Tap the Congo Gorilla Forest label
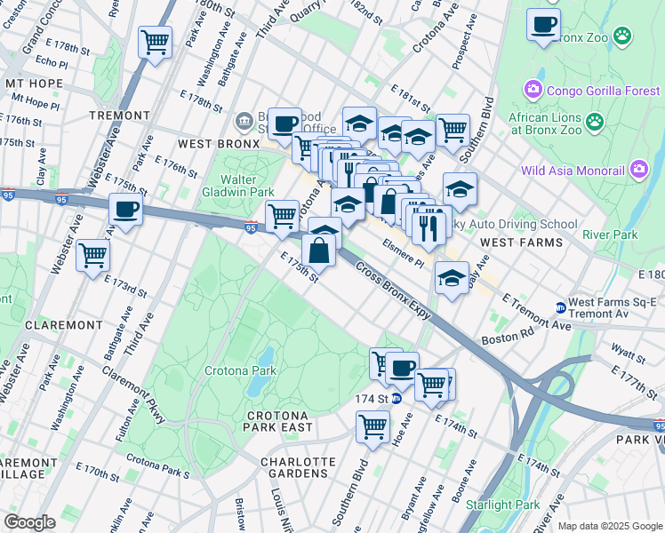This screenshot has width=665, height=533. point(603,90)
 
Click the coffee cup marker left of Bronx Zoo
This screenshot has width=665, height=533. point(542,25)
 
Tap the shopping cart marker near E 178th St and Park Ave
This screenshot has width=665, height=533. point(155,42)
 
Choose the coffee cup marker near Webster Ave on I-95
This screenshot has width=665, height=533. point(124,211)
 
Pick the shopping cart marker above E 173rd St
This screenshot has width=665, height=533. point(92,256)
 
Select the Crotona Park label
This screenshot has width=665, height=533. point(236,370)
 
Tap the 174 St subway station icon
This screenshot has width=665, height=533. point(397,399)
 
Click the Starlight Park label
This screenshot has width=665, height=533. point(509,505)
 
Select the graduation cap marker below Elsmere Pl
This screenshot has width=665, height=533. point(452,280)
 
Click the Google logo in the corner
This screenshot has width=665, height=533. point(29,522)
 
